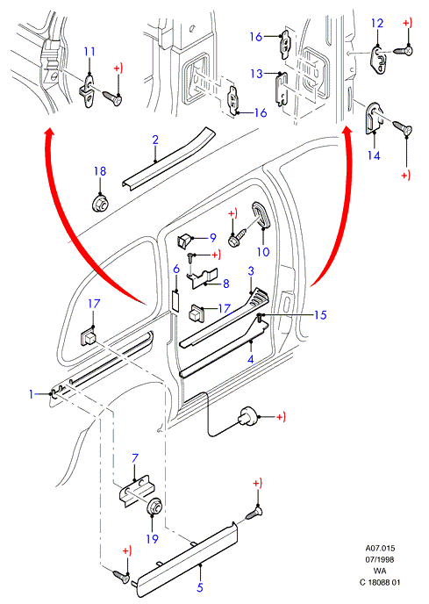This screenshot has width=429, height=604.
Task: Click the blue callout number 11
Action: [x=89, y=52]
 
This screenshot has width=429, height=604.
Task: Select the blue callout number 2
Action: [x=155, y=140]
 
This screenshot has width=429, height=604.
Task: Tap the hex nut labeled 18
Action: [x=101, y=202]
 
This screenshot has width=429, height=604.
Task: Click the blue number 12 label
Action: [x=377, y=23]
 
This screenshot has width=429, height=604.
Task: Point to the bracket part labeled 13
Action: [x=282, y=89]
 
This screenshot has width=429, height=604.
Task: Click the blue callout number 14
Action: [x=374, y=155]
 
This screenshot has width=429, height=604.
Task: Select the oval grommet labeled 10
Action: [x=261, y=216]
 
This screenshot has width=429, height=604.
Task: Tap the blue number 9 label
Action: [x=213, y=238]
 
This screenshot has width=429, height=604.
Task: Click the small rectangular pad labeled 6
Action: [x=175, y=301]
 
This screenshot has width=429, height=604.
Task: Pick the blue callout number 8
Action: [x=226, y=284]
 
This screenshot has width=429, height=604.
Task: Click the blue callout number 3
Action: [x=251, y=270]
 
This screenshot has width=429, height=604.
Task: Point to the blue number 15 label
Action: [x=320, y=315]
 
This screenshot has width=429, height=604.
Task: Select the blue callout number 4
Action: [x=251, y=359]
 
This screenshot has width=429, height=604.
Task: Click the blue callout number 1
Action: [x=32, y=394]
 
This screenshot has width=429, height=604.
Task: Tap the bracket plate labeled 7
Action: [x=136, y=492]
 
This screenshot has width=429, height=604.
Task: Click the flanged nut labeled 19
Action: [x=154, y=507]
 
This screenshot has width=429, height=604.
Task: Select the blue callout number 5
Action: [x=200, y=587]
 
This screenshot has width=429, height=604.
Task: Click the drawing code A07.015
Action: [x=381, y=548]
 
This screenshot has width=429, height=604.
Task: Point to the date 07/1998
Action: [x=380, y=559]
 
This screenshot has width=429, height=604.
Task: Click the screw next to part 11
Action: [x=112, y=98]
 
